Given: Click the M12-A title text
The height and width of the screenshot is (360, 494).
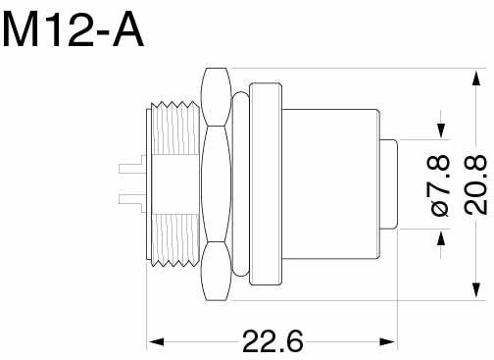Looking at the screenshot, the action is tap(73, 29).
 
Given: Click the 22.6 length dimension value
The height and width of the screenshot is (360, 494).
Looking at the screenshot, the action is tap(272, 340).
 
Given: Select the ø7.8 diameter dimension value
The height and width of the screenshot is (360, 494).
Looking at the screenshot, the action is tap(441, 185).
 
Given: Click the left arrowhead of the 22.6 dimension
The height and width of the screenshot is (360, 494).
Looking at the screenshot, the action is tap(156, 342).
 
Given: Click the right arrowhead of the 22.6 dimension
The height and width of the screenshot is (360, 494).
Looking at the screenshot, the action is tap(387, 342).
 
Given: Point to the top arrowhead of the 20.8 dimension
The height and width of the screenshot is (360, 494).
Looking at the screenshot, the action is tap(476, 78).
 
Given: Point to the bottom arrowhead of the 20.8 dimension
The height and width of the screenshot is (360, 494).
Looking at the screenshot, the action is tap(476, 290).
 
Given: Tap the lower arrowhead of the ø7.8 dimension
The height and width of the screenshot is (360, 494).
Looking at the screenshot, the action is tap(441, 238).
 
